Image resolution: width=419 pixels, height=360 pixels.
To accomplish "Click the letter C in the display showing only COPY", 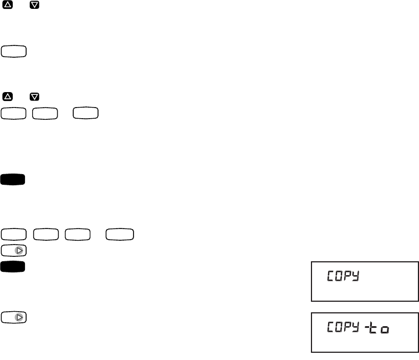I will click(x=329, y=276).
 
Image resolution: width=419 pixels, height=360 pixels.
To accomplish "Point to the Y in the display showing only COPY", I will click(x=355, y=276).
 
